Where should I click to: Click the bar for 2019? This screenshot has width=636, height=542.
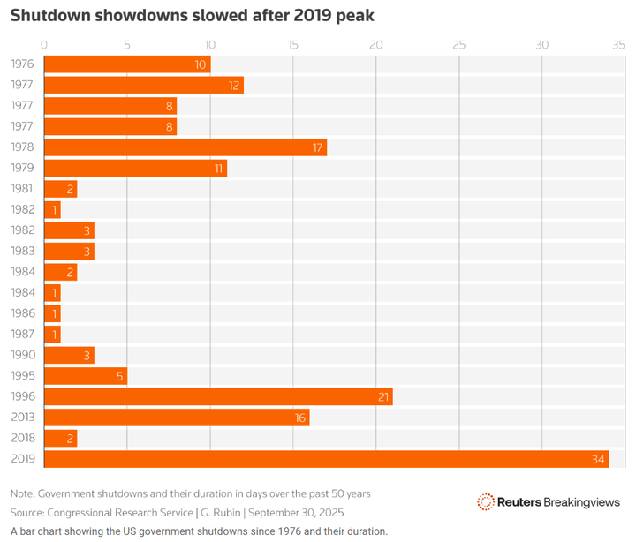click(x=326, y=459)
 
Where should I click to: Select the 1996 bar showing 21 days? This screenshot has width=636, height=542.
click(x=218, y=397)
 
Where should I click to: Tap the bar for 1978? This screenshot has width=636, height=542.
click(x=185, y=147)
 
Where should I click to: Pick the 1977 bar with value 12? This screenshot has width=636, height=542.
click(x=143, y=85)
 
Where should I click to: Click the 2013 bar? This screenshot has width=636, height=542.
click(x=177, y=418)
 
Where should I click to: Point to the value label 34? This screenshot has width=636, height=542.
click(x=598, y=459)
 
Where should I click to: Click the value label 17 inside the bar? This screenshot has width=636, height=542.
click(x=317, y=147)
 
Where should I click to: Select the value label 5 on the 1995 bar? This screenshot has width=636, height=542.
click(x=120, y=376)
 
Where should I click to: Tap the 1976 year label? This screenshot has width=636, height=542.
click(x=22, y=64)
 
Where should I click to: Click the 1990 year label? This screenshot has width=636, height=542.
click(x=22, y=356)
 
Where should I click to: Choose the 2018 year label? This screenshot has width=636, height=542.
click(x=22, y=439)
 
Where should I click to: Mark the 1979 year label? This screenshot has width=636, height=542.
click(x=22, y=169)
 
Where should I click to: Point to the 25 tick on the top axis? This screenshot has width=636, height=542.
click(x=458, y=44)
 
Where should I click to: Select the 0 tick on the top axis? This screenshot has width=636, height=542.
click(x=44, y=44)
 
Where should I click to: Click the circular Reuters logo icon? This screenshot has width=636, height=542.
click(x=486, y=501)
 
